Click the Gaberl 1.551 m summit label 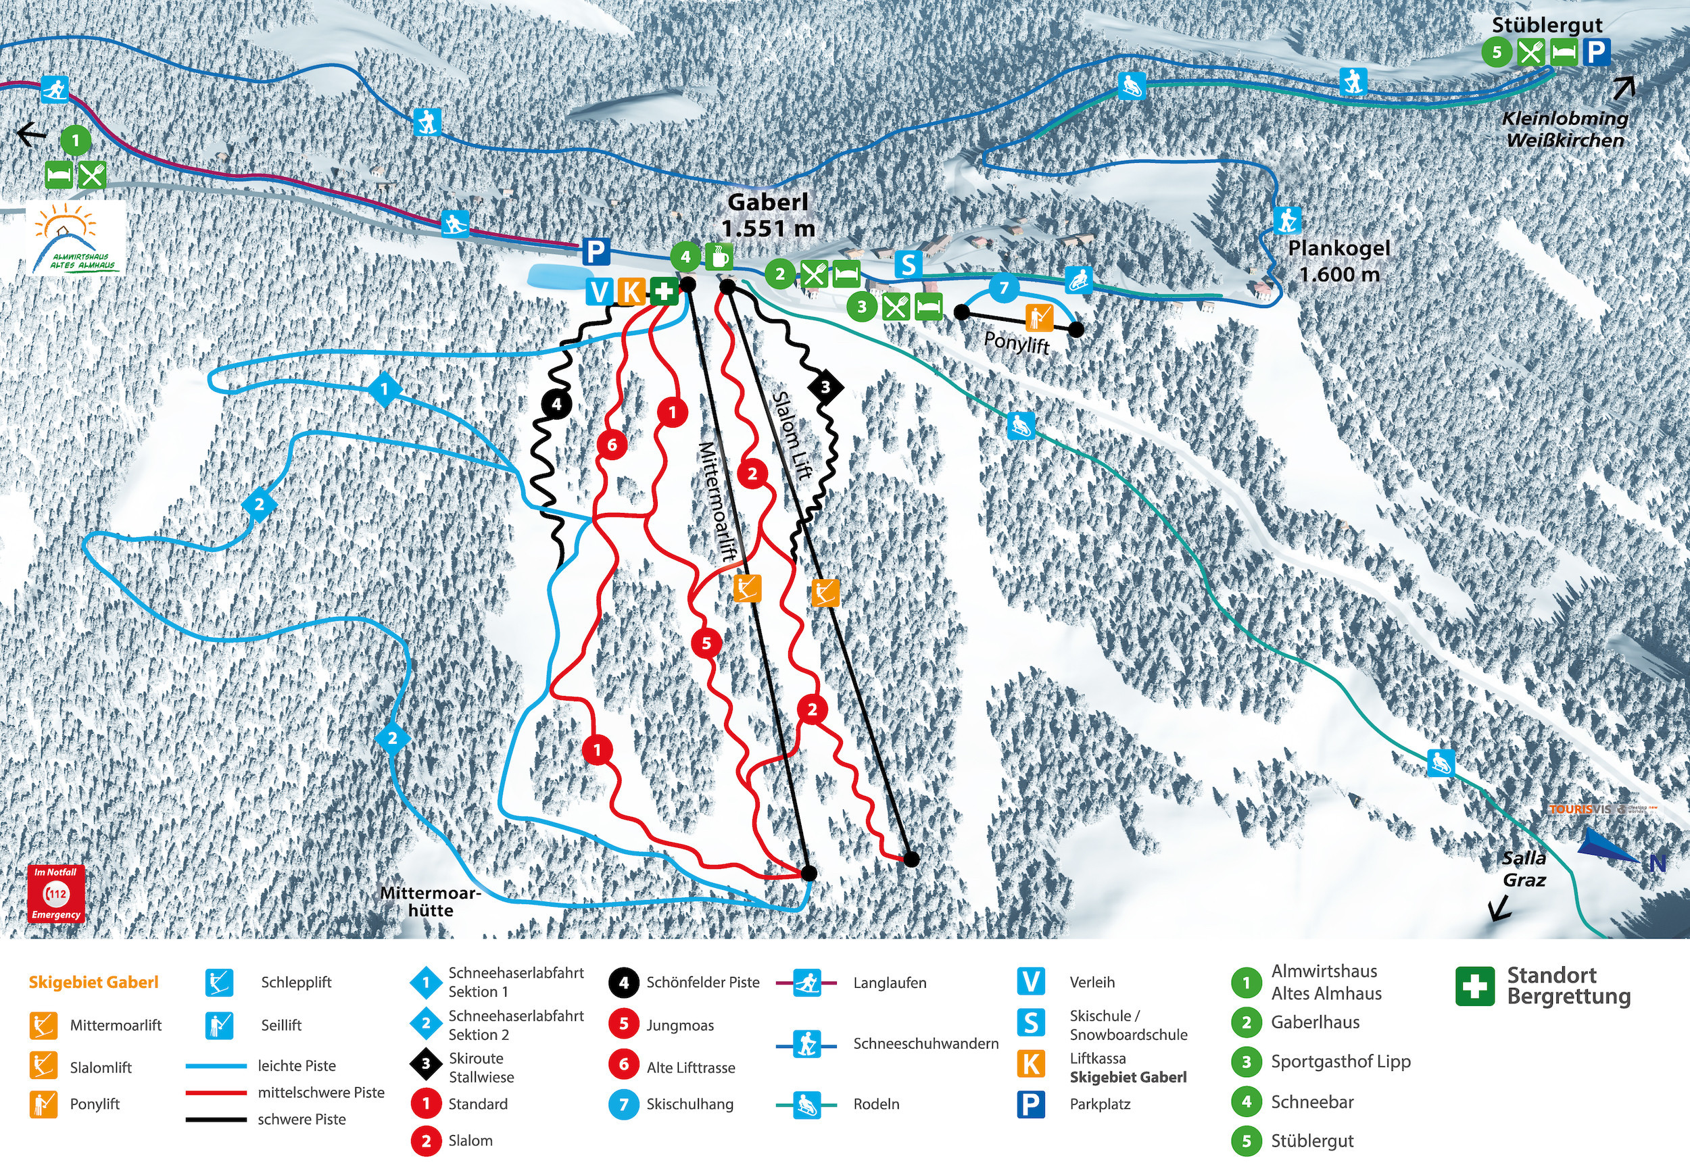(768, 216)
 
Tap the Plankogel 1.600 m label (1338, 261)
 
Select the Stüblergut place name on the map (1547, 25)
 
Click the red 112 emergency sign (57, 894)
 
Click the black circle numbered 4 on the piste (556, 403)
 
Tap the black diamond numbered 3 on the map (825, 386)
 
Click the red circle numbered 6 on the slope (612, 444)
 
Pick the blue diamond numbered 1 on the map (385, 389)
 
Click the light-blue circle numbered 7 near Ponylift (1003, 287)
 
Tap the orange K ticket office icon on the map (631, 292)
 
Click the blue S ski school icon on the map (909, 264)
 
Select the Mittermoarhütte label (430, 902)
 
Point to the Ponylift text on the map (1017, 343)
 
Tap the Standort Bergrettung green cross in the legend (1474, 987)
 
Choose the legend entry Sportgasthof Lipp (1340, 1062)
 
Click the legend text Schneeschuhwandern (925, 1044)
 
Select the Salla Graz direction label (1523, 870)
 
